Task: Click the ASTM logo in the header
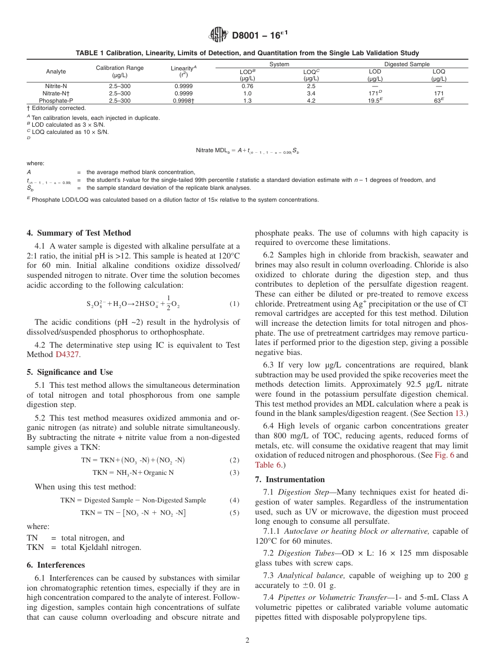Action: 218,35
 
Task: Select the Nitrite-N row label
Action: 56,86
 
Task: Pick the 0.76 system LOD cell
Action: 247,86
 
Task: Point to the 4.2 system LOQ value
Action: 311,101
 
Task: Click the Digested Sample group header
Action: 407,64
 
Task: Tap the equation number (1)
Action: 234,304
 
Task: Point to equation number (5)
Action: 234,513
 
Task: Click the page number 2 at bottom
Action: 247,641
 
